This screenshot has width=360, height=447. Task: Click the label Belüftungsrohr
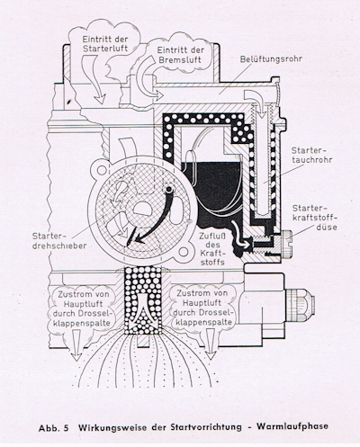click(x=271, y=59)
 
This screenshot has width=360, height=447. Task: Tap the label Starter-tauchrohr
click(x=311, y=155)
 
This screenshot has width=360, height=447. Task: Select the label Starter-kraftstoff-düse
click(x=314, y=218)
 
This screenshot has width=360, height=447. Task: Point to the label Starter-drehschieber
click(x=59, y=241)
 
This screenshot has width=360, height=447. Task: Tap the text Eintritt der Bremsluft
click(x=181, y=54)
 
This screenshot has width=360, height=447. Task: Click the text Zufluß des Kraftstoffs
click(x=212, y=249)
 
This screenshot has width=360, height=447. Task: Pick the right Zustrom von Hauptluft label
click(x=202, y=308)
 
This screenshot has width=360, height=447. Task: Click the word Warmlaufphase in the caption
click(x=292, y=426)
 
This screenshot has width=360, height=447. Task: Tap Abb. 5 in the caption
click(x=54, y=428)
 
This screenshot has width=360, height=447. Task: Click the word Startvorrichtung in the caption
click(x=206, y=427)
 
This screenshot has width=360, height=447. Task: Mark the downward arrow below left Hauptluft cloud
click(x=76, y=344)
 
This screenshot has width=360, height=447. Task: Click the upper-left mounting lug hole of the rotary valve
click(x=102, y=170)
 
